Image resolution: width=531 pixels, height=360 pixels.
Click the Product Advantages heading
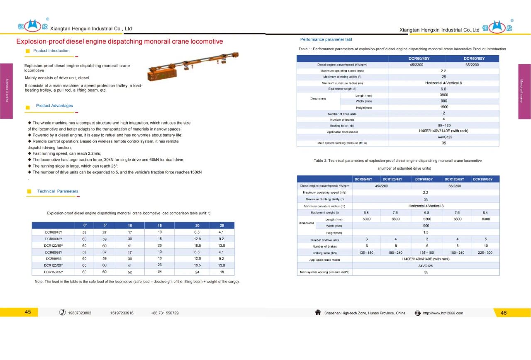click(54, 106)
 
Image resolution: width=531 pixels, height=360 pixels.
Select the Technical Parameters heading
click(58, 191)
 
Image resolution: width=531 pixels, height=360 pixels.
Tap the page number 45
click(28, 312)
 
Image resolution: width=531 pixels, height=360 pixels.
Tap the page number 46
click(504, 313)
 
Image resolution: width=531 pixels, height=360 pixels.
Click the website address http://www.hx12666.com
click(443, 313)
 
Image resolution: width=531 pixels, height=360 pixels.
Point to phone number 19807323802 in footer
click(80, 313)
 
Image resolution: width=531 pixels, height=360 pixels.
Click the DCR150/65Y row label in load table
click(54, 272)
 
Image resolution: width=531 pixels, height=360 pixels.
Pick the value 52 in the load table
click(130, 272)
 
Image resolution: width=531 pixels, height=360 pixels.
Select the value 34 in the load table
click(160, 272)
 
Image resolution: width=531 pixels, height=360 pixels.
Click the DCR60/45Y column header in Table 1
click(417, 58)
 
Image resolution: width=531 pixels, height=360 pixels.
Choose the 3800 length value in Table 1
click(443, 95)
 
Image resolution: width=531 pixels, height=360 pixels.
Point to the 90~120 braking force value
click(443, 125)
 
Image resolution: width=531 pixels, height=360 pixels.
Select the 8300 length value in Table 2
click(485, 219)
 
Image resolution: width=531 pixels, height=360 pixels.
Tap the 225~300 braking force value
click(485, 253)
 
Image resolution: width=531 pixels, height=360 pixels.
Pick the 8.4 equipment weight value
click(485, 213)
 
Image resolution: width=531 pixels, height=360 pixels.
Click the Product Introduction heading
click(51, 51)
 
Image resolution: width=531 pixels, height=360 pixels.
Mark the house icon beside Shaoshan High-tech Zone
click(318, 313)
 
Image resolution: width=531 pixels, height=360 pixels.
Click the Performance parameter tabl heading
click(326, 39)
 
